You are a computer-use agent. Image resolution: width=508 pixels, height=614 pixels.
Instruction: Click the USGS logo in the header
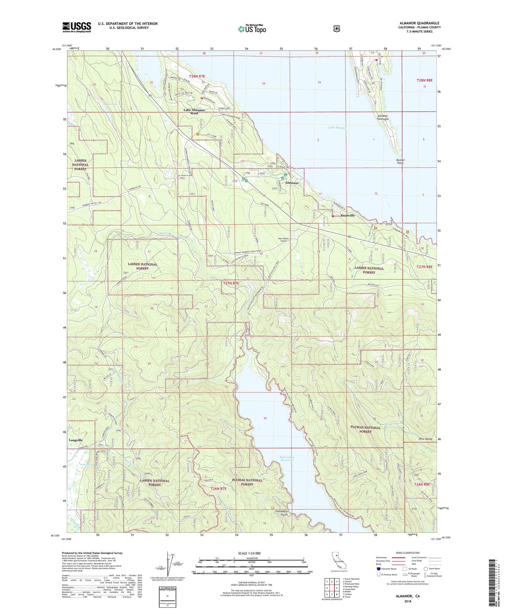pos(77,27)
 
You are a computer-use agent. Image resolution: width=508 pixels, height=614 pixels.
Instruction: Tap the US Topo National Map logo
pos(252,28)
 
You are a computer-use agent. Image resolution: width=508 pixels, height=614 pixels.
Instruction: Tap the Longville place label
pos(76,440)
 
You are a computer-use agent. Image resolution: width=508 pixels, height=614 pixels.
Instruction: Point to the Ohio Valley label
pos(424,439)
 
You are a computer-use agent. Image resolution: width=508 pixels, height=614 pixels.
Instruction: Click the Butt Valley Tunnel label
pos(283,240)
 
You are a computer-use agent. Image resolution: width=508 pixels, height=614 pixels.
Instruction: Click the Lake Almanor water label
pos(337,128)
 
